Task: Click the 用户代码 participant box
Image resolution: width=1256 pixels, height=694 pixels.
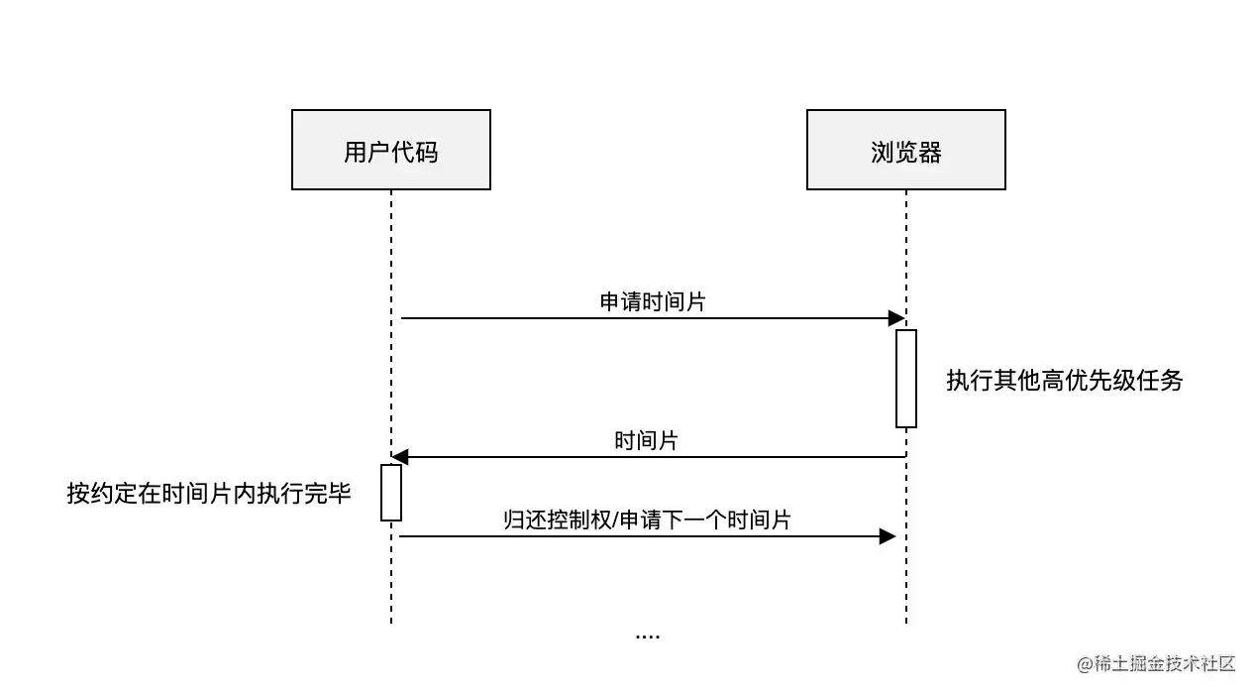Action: click(x=391, y=150)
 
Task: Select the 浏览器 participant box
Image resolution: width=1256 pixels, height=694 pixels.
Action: click(x=905, y=150)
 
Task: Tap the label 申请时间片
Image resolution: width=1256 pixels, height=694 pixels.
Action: click(x=653, y=302)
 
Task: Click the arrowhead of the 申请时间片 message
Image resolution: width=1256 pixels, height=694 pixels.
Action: click(x=896, y=318)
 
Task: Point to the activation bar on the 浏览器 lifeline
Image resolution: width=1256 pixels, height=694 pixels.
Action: click(x=906, y=378)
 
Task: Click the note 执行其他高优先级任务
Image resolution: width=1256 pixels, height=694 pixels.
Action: click(x=1065, y=381)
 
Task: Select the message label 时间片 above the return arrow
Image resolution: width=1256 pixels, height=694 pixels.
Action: click(x=646, y=441)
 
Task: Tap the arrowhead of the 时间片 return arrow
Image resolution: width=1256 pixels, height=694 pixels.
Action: click(x=399, y=457)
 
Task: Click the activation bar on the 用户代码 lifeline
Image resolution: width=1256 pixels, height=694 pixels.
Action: click(x=391, y=492)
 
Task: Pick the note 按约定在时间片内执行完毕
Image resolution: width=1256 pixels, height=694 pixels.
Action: click(x=209, y=494)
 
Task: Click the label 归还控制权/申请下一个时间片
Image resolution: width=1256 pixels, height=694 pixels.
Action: click(x=647, y=520)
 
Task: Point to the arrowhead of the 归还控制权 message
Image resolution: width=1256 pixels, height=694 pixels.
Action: click(x=888, y=536)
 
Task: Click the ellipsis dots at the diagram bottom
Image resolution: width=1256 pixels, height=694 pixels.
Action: click(x=647, y=636)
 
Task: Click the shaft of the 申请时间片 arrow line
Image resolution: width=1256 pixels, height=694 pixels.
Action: click(x=644, y=318)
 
